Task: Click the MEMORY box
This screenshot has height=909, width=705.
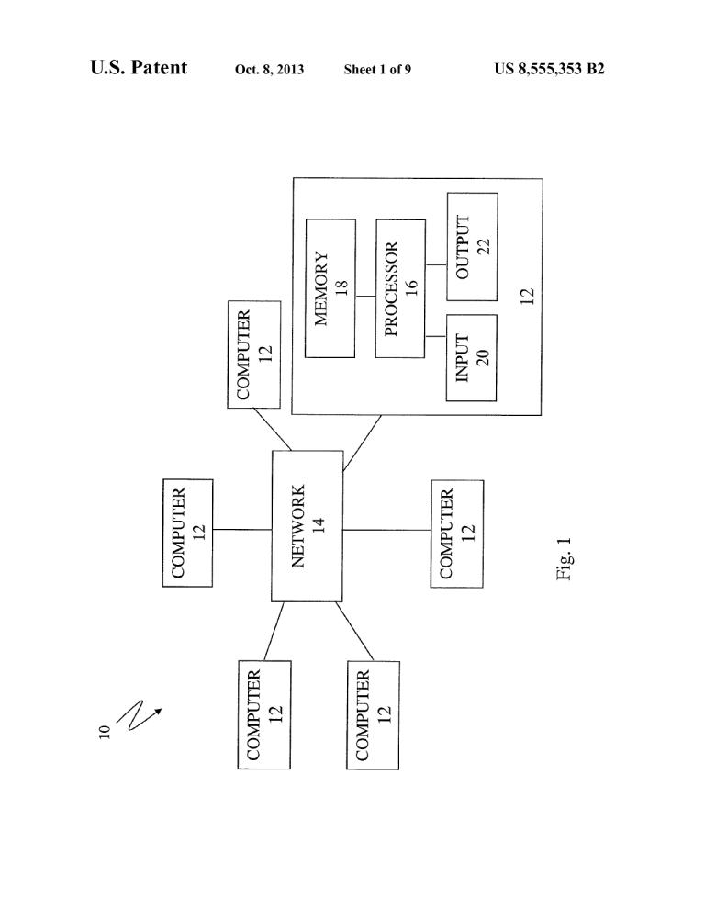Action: pyautogui.click(x=330, y=288)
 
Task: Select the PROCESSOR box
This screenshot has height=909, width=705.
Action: pyautogui.click(x=400, y=288)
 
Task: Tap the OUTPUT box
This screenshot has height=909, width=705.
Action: pyautogui.click(x=472, y=247)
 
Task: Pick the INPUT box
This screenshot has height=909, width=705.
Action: pyautogui.click(x=471, y=358)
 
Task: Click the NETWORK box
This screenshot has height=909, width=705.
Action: pyautogui.click(x=308, y=526)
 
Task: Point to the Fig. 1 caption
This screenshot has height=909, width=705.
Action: pyautogui.click(x=565, y=558)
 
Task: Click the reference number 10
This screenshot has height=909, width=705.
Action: pyautogui.click(x=105, y=732)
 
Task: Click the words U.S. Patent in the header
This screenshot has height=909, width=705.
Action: pyautogui.click(x=139, y=68)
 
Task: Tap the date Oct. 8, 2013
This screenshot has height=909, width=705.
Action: pyautogui.click(x=269, y=70)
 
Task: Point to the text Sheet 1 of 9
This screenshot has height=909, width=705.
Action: pyautogui.click(x=377, y=70)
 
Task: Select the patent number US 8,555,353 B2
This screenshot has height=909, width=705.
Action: pyautogui.click(x=549, y=69)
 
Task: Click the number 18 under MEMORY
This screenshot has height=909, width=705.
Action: pyautogui.click(x=341, y=288)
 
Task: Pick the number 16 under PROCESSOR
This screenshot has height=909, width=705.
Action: pyautogui.click(x=411, y=288)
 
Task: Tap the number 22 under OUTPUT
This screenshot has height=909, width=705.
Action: pyautogui.click(x=484, y=246)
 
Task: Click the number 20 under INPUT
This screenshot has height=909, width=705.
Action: pyautogui.click(x=483, y=357)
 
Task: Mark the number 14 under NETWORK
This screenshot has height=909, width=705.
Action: pyautogui.click(x=319, y=526)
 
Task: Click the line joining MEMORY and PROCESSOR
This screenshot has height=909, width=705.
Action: pyautogui.click(x=366, y=297)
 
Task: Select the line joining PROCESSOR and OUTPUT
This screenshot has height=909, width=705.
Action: pyautogui.click(x=436, y=265)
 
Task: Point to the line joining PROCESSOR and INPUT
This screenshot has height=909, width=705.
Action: pyautogui.click(x=435, y=336)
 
